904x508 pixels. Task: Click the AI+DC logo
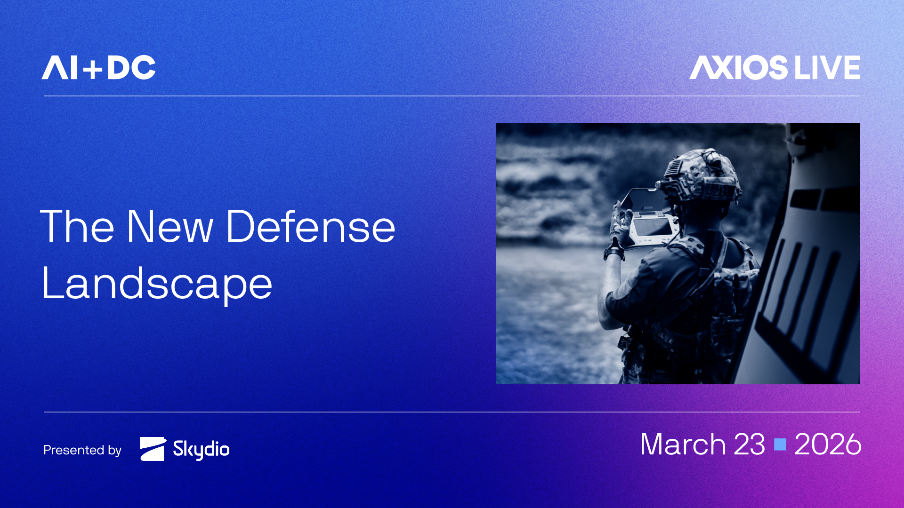[x=98, y=68]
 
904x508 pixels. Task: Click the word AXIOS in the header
[x=738, y=68]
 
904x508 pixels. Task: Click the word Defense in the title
[x=310, y=227]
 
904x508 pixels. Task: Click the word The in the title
[x=77, y=227]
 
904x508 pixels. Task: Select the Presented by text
[x=82, y=450]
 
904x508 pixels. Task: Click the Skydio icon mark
[x=153, y=449]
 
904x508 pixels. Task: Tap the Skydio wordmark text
[x=201, y=449]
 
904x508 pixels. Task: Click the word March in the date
[x=683, y=444]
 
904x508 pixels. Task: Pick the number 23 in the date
[x=749, y=444]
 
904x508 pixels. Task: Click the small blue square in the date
[x=780, y=444]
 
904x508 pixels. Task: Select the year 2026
[x=827, y=444]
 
